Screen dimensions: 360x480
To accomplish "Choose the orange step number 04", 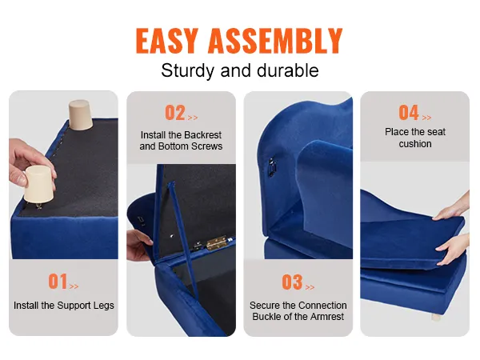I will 408,113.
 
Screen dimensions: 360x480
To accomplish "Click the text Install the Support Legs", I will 64,306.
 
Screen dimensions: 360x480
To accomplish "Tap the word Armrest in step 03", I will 326,317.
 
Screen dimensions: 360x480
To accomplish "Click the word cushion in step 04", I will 415,144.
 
